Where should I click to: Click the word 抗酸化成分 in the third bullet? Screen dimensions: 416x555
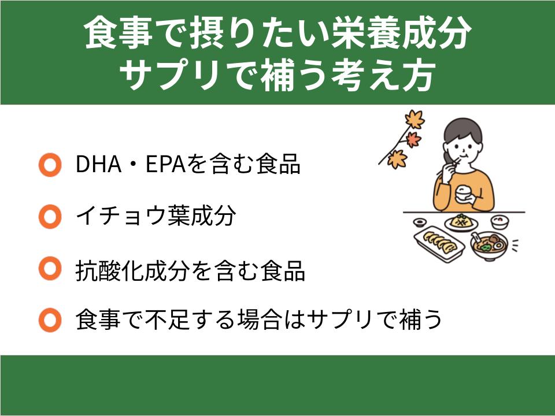pos(131,270)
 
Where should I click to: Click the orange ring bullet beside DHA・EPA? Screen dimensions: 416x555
pos(50,166)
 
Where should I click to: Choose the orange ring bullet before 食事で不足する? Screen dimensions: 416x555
pos(50,320)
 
